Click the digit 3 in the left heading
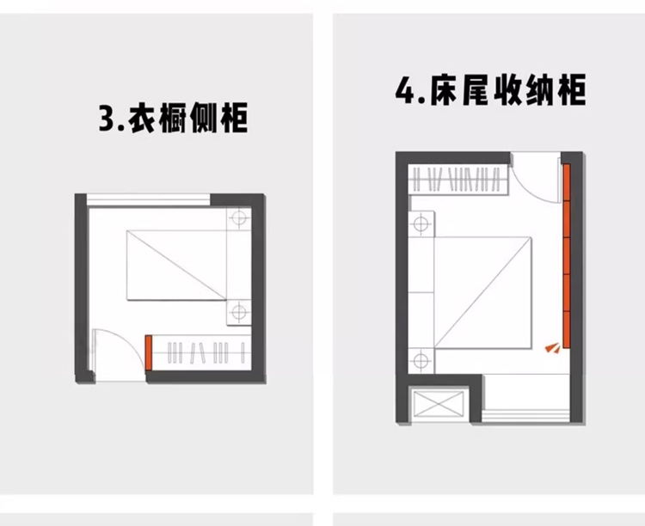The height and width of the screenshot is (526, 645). click(107, 119)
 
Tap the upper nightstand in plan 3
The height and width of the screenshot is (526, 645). click(237, 218)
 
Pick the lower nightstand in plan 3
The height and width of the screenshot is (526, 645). click(237, 311)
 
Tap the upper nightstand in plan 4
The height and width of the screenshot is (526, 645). click(421, 225)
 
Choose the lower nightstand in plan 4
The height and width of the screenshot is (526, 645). click(421, 360)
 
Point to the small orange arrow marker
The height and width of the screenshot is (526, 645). click(551, 347)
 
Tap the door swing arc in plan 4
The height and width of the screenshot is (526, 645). click(526, 182)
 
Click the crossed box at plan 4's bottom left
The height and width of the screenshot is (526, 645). click(439, 404)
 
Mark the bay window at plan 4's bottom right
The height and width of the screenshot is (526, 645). click(525, 401)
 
